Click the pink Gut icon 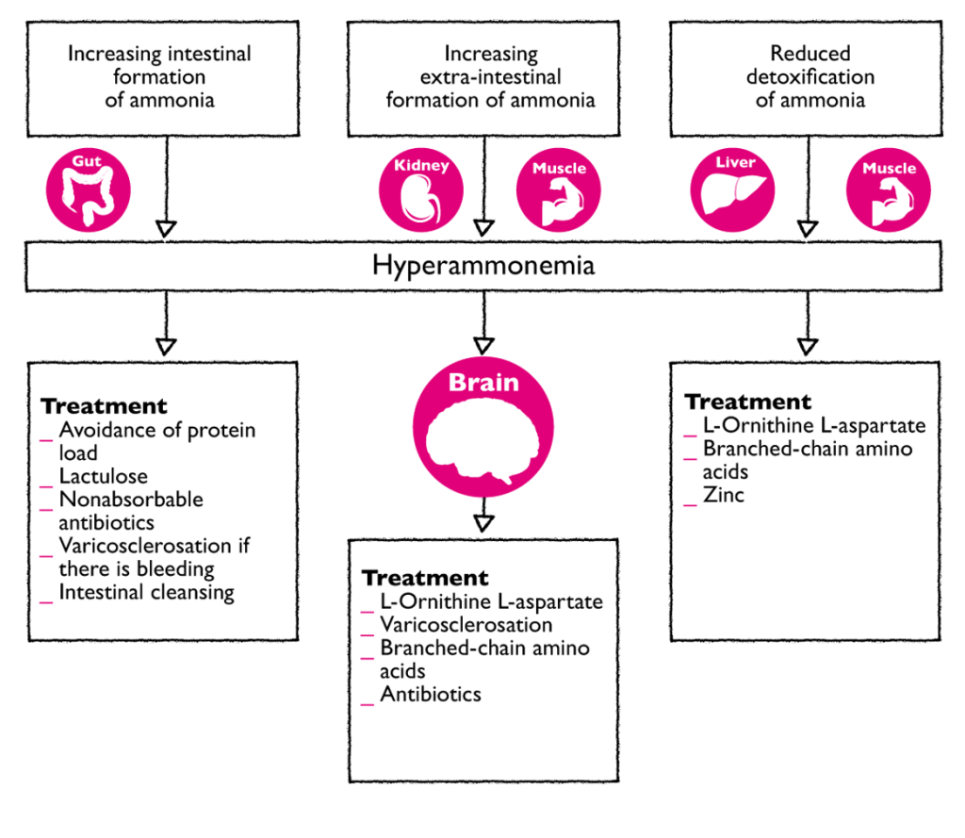click(89, 189)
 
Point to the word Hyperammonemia click(483, 265)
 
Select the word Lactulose click(103, 476)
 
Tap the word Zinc click(723, 493)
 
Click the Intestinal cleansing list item click(146, 592)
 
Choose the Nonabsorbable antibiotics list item click(130, 510)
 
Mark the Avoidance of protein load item click(156, 441)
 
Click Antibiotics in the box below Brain click(430, 694)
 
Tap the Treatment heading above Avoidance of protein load click(104, 406)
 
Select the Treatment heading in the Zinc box click(747, 402)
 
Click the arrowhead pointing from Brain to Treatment click(483, 521)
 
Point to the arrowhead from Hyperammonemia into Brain click(483, 346)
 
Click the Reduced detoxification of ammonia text click(810, 76)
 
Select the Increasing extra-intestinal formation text click(490, 76)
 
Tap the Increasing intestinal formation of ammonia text click(159, 76)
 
